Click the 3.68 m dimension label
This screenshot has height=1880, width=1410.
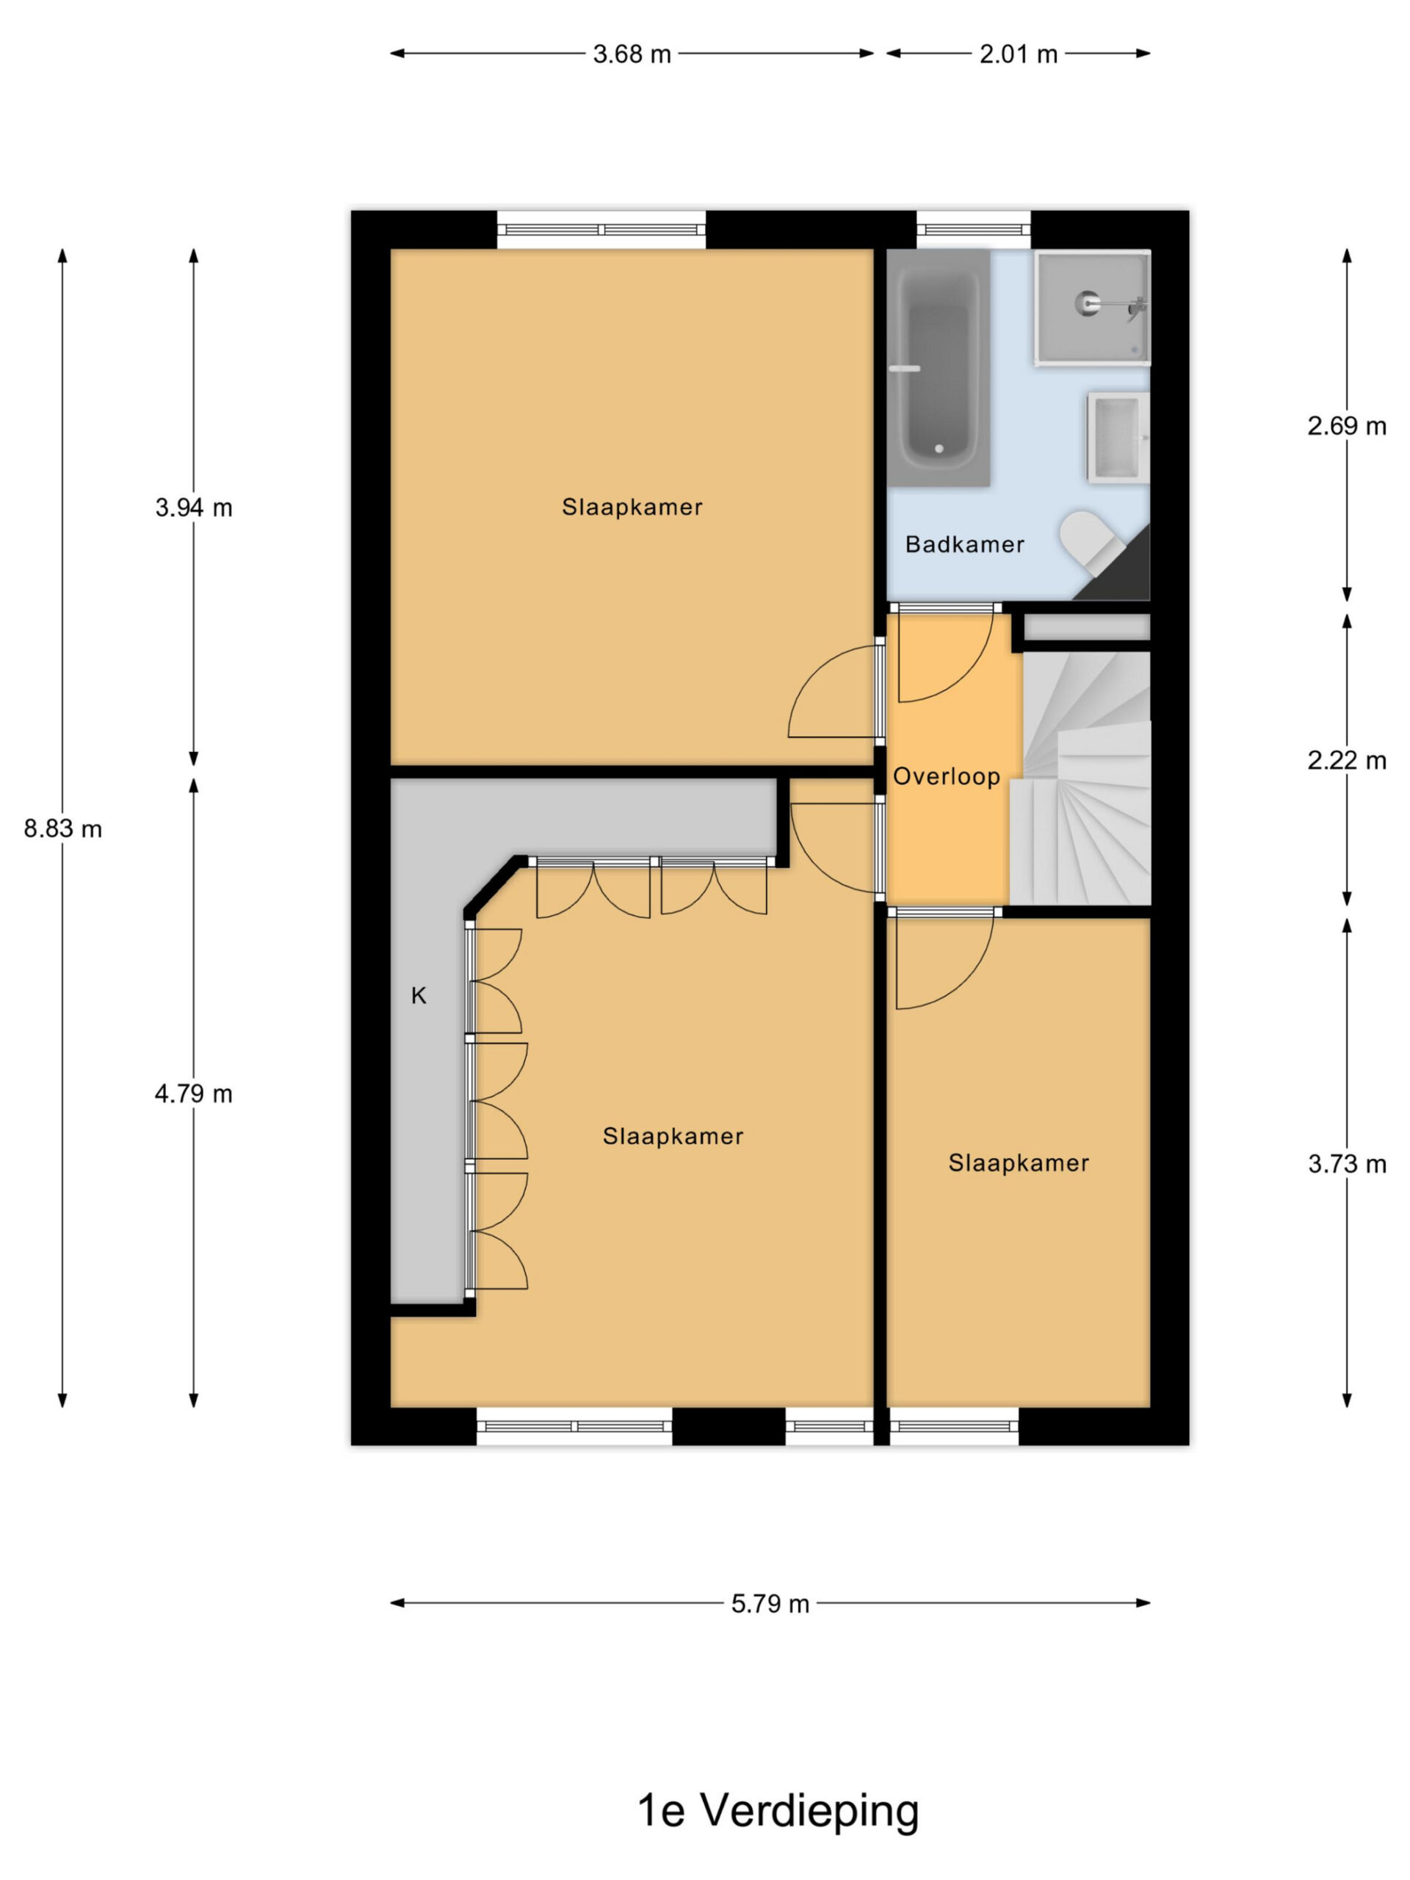(x=632, y=54)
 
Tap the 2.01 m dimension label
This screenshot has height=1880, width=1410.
(x=1018, y=54)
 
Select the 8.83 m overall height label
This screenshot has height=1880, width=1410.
(x=63, y=828)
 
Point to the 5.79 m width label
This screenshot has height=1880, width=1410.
(x=770, y=1604)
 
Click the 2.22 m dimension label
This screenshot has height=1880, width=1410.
(x=1347, y=761)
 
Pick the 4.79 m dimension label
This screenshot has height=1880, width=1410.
(x=194, y=1093)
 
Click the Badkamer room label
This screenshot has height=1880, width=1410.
(x=965, y=545)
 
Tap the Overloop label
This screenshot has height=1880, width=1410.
(x=946, y=777)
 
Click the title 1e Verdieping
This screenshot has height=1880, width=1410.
(x=778, y=1809)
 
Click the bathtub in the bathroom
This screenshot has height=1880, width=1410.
(x=939, y=368)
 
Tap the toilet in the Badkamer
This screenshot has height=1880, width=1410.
(x=1091, y=541)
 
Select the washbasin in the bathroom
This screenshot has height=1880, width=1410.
(x=1118, y=438)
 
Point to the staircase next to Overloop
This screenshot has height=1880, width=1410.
(x=1080, y=778)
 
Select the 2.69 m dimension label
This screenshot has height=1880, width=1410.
(x=1347, y=427)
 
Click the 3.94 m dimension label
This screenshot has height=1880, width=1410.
(x=194, y=508)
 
